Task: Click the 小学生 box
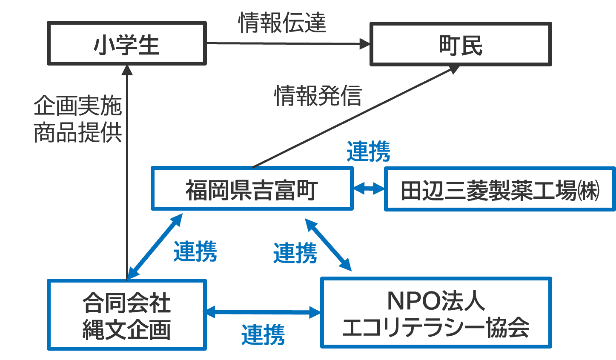click(126, 43)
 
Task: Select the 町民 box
click(461, 44)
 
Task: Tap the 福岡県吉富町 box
click(252, 189)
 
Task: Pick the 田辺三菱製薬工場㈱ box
click(500, 189)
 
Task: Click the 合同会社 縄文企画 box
click(126, 315)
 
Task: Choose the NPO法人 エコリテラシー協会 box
click(435, 313)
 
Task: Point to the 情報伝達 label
click(282, 23)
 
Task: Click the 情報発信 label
click(318, 95)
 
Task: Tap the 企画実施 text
click(78, 106)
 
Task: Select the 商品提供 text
click(78, 132)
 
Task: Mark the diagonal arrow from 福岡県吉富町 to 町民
click(353, 117)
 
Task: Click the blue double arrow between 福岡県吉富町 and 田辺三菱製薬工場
click(369, 188)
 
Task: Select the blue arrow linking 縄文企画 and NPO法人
click(263, 312)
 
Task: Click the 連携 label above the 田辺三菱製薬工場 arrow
click(368, 151)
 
